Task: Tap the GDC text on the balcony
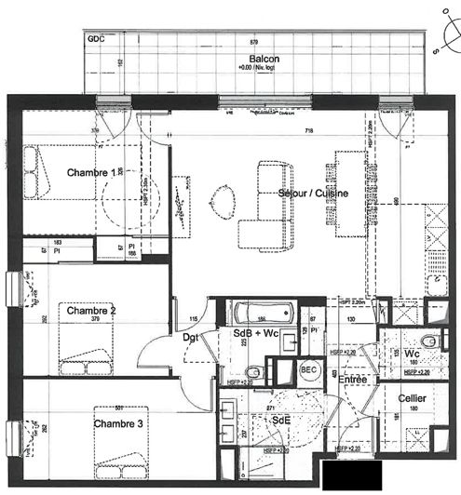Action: (95, 40)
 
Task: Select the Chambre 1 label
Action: (91, 172)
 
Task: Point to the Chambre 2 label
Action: (86, 310)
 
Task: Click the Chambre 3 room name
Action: (117, 424)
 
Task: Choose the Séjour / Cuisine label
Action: (313, 193)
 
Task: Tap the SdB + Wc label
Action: (255, 333)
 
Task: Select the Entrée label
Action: (352, 380)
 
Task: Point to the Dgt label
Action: (190, 337)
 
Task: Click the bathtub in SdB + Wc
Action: (261, 311)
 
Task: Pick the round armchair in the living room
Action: (224, 198)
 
